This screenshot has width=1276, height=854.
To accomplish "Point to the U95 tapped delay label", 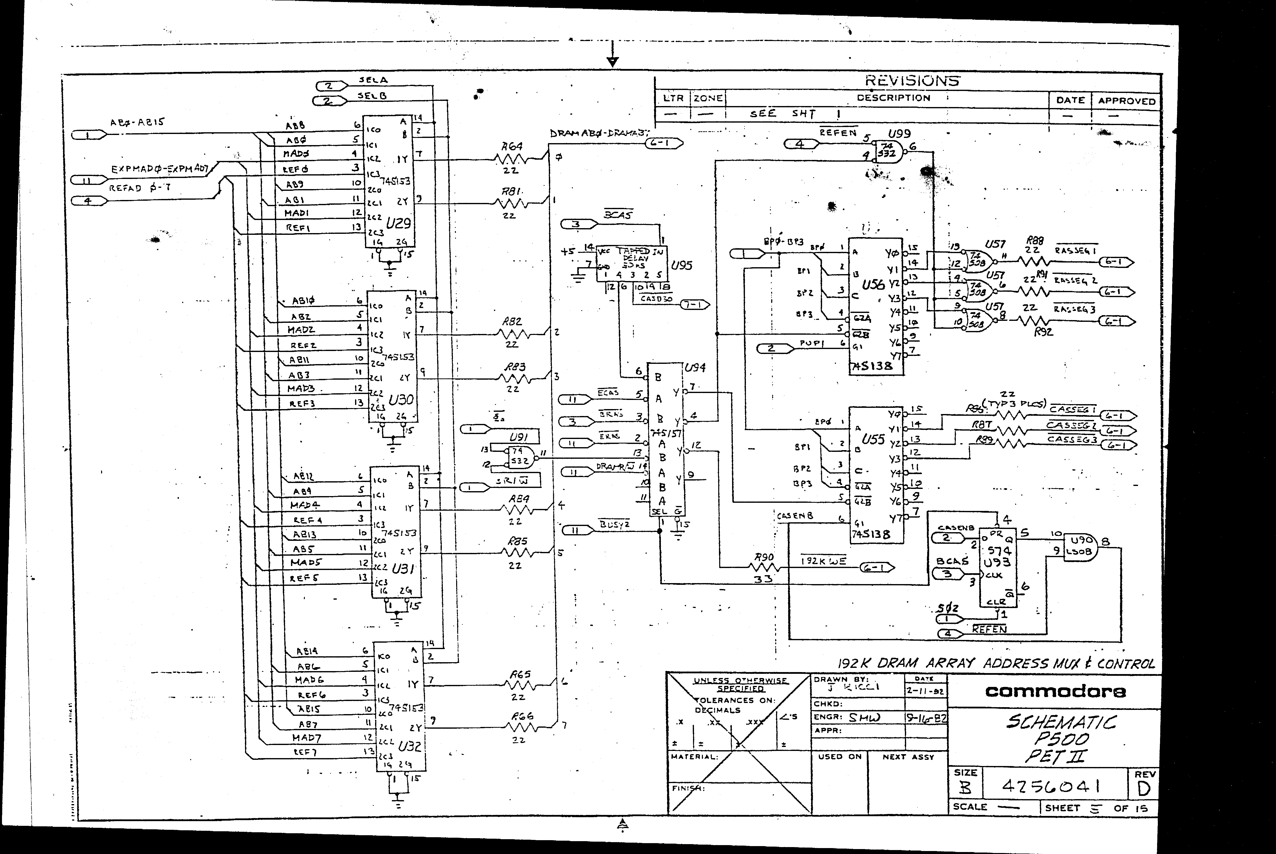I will coord(681,266).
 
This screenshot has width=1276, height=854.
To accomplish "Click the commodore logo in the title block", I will coord(1055,692).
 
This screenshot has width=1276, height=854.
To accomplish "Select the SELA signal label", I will coord(373,80).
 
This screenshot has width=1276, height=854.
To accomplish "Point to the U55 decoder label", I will coord(873,439).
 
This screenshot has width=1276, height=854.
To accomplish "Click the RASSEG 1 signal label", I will coord(1075,251).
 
